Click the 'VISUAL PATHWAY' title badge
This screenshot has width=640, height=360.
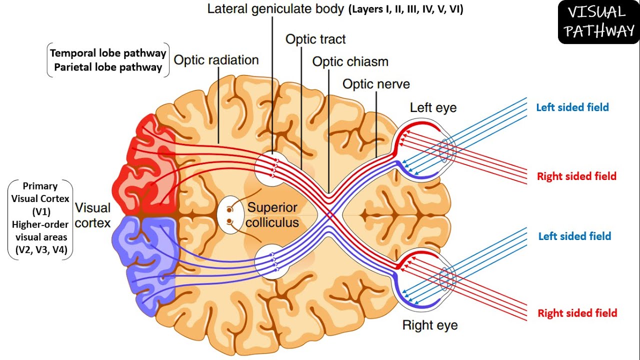click(x=598, y=22)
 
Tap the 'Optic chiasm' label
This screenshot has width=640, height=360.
click(x=350, y=61)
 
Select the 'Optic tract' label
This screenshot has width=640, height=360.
click(x=315, y=39)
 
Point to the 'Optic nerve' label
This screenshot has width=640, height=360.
click(x=376, y=84)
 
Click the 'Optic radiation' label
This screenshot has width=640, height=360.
click(x=216, y=60)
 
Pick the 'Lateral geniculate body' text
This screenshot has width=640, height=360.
click(x=275, y=9)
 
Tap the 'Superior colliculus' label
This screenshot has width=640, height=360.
click(x=272, y=215)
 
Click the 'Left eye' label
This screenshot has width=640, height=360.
click(x=433, y=107)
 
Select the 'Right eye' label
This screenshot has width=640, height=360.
click(x=430, y=325)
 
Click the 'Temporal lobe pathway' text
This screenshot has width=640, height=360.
click(x=108, y=53)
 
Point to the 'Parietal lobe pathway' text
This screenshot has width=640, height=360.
click(x=108, y=67)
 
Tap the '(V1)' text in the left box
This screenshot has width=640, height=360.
click(x=41, y=212)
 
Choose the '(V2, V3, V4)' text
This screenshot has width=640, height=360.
click(x=41, y=250)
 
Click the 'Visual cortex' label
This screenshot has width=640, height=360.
click(x=92, y=215)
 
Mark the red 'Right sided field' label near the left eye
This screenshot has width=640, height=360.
click(x=576, y=176)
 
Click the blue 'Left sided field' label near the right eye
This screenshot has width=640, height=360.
click(x=574, y=236)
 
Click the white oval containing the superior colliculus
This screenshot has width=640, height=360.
click(x=230, y=215)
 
